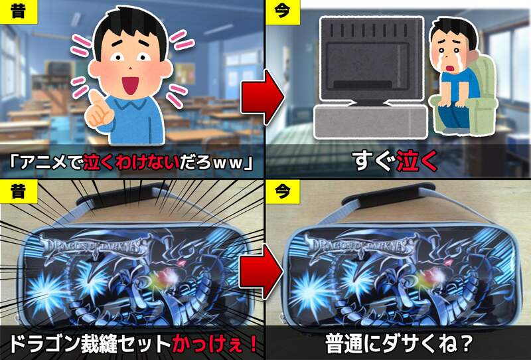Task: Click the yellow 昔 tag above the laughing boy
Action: pyautogui.click(x=19, y=12)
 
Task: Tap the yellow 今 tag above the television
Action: pyautogui.click(x=283, y=12)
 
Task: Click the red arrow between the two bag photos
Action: pyautogui.click(x=261, y=272)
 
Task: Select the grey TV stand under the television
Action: pyautogui.click(x=370, y=122)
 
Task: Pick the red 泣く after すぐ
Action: pyautogui.click(x=417, y=161)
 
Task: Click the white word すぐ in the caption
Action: pyautogui.click(x=374, y=161)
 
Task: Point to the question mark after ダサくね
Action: pyautogui.click(x=467, y=344)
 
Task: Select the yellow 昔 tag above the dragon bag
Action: pyautogui.click(x=19, y=191)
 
